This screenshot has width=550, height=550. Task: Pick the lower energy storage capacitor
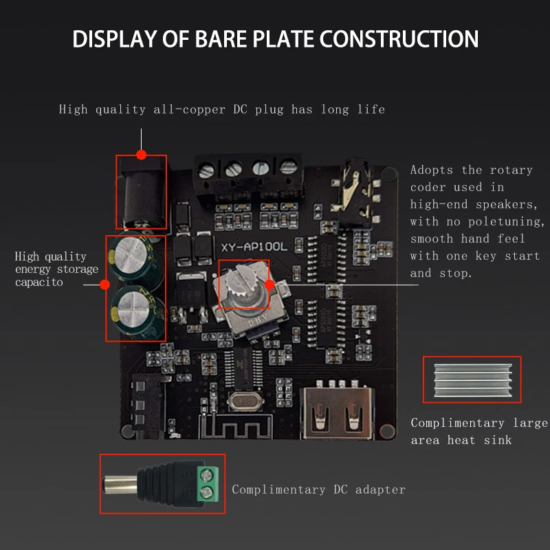point(134,306)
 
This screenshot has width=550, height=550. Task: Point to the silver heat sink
point(471,379)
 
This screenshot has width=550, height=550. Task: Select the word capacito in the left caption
point(39,283)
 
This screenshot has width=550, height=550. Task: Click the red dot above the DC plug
point(142,154)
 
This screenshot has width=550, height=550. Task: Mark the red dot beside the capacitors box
point(105,284)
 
